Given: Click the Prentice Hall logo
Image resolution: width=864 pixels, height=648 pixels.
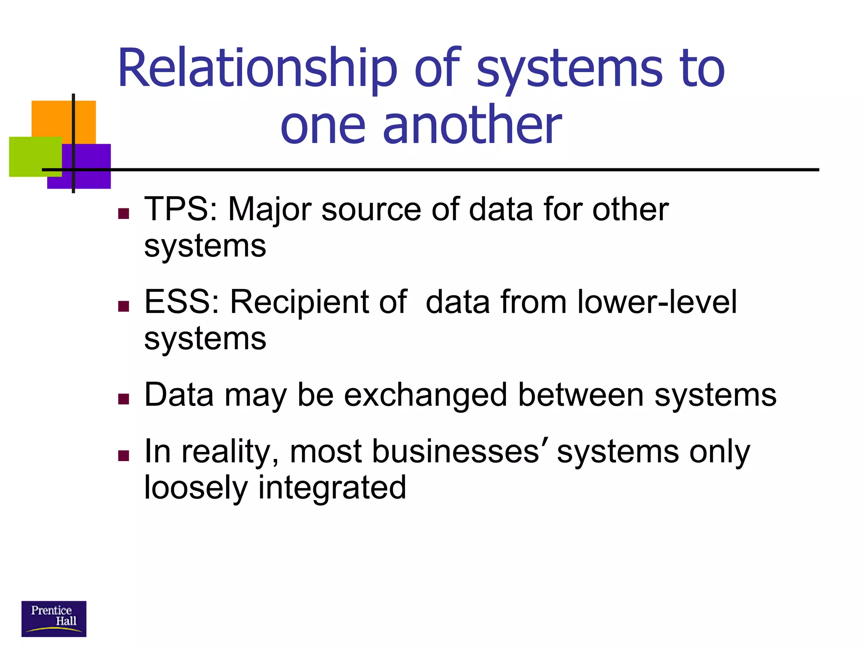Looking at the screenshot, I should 54,618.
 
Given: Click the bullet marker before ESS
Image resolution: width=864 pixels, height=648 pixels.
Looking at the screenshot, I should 124,306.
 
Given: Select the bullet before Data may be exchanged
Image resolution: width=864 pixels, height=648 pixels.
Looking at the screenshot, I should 124,399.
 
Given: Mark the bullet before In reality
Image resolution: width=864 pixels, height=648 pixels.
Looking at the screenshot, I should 124,456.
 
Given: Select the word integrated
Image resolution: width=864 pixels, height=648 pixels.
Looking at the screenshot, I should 332,488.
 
